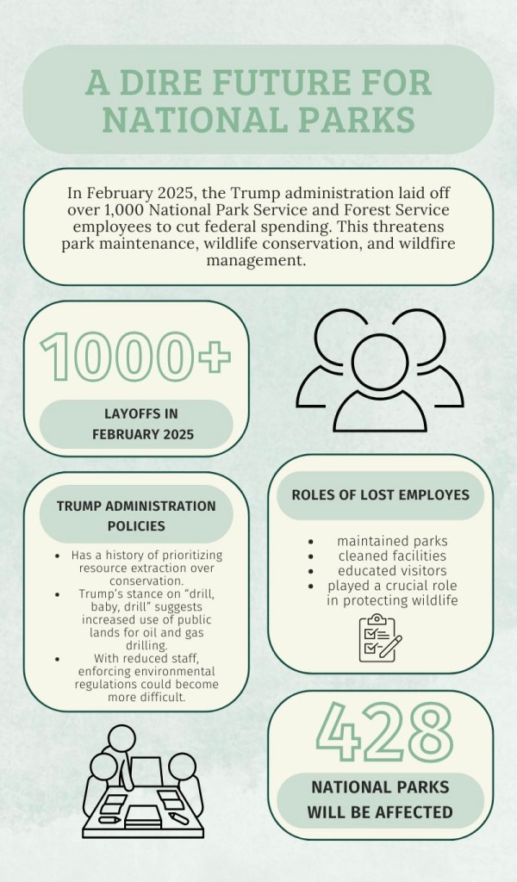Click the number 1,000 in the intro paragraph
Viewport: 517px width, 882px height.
pos(115,211)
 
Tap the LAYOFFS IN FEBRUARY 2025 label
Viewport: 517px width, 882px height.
pos(136,424)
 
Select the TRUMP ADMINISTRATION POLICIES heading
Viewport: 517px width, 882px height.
pos(136,514)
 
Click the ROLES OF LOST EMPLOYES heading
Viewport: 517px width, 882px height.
pos(380,494)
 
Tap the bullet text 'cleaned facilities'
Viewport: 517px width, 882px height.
pos(380,556)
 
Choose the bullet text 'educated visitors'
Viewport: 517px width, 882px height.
pos(380,571)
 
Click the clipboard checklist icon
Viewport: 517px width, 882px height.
pos(380,638)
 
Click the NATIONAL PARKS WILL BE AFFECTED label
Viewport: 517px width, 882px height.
pos(380,798)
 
